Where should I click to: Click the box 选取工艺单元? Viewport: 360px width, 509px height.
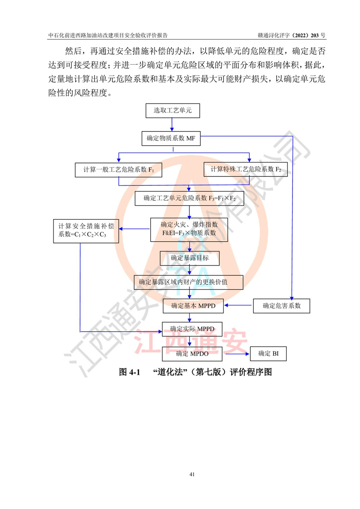point(172,111)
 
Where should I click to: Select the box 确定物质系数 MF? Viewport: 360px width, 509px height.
point(171,138)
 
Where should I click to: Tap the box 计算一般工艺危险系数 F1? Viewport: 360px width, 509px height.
point(118,170)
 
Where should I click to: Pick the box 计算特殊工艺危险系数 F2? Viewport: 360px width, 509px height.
point(246,170)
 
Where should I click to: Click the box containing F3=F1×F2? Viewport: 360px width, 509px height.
point(189,198)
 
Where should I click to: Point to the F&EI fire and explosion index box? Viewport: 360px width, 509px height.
point(189,230)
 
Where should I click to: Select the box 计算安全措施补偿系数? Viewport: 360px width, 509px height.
point(86,231)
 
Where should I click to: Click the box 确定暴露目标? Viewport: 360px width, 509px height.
point(189,258)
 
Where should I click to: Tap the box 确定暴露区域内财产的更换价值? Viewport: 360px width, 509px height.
point(189,283)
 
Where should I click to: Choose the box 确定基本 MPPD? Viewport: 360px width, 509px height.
point(193,306)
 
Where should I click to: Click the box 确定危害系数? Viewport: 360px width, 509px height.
point(281,306)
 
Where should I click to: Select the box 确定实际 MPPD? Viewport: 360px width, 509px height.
point(192,329)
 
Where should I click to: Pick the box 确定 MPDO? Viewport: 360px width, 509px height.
point(192,354)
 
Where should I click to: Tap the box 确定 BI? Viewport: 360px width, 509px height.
point(268,353)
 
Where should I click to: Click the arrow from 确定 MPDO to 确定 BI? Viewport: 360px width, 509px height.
point(237,354)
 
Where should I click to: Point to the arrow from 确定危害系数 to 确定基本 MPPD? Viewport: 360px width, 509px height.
point(238,305)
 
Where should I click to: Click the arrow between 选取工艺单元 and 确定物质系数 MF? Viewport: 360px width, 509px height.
point(172,125)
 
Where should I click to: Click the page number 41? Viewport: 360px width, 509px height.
point(192,474)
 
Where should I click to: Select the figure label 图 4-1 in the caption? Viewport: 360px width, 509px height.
point(130,372)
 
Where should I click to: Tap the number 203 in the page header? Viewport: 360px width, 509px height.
point(315,36)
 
